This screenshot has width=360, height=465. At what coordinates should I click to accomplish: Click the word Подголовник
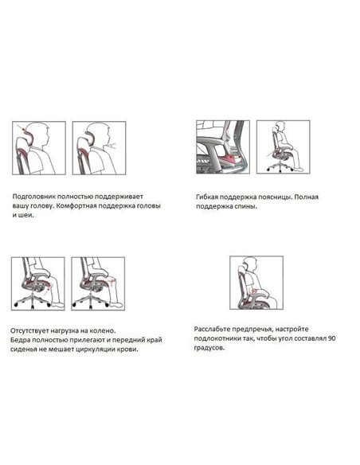[36, 195]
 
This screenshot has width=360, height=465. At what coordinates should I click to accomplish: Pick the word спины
[248, 205]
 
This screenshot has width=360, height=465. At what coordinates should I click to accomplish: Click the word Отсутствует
[37, 330]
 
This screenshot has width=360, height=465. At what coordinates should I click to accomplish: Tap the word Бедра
[23, 340]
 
